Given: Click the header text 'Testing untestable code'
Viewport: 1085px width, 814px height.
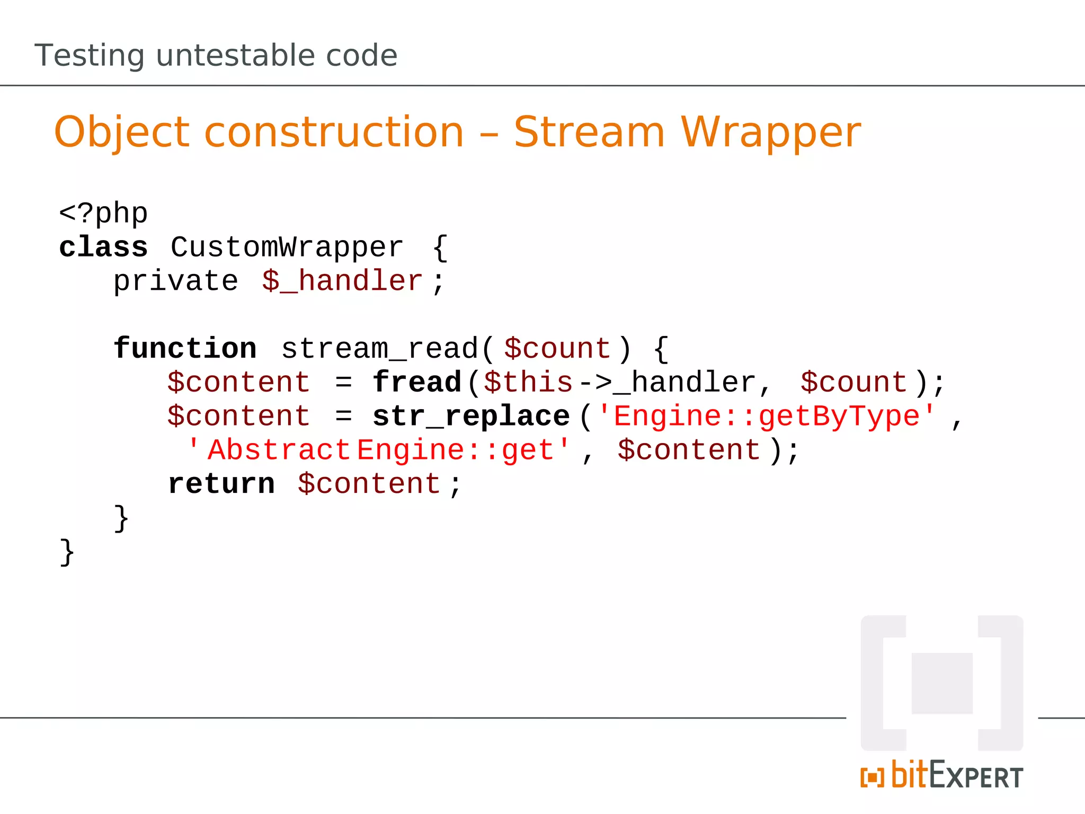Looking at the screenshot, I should pos(216,55).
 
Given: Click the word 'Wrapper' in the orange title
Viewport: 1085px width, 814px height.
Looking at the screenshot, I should pos(771,132).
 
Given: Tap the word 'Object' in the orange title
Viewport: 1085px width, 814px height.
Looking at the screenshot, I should pos(122,132).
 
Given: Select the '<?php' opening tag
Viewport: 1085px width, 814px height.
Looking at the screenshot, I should pos(103,214).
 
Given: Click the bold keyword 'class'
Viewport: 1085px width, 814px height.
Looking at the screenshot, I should pos(103,247).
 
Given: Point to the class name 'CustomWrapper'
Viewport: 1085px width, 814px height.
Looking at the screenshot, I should pos(287,247).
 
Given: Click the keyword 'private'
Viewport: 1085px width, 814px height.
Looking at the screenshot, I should pos(175,281).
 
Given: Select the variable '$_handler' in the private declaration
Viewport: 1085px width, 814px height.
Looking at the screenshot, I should pos(342,281).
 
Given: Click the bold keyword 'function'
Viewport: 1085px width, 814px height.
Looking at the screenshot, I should pos(185,349).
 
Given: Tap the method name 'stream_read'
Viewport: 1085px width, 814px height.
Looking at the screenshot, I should pos(380,349).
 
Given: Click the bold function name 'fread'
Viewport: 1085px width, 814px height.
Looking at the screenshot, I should pos(417,383).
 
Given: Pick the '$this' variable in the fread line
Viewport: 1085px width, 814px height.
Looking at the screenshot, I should pos(528,383).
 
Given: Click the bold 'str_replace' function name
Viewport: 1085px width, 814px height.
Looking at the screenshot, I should pos(471,417).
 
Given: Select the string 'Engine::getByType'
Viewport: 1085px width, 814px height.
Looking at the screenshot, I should pos(767,417).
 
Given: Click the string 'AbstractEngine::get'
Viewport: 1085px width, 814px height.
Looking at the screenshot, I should pos(379,450).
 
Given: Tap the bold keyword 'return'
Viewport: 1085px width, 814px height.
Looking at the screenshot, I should pos(221,484).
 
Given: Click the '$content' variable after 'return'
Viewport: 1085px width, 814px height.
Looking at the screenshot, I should pos(369,484).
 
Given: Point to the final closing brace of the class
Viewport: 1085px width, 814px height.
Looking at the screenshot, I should pos(67,552).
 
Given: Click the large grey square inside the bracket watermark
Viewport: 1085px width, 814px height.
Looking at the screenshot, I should pos(942,683).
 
